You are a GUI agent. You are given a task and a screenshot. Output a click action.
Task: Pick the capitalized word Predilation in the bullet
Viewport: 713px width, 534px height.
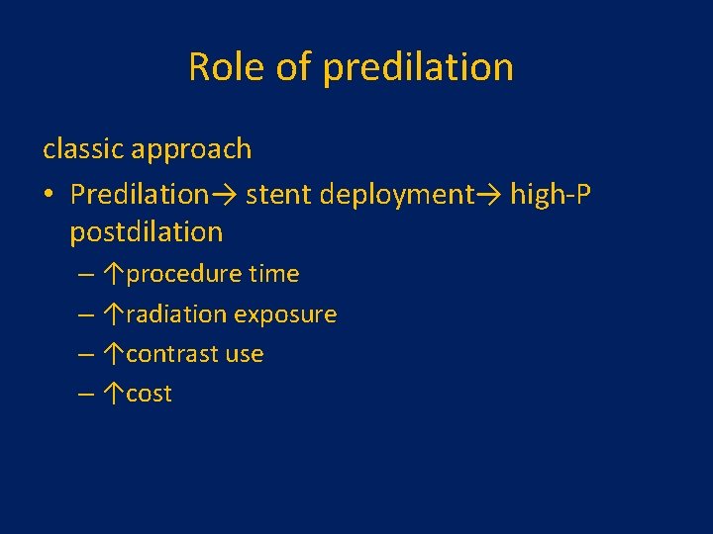pyautogui.click(x=139, y=194)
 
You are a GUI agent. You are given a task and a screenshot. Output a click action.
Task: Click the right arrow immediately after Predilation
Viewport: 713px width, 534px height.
pyautogui.click(x=223, y=195)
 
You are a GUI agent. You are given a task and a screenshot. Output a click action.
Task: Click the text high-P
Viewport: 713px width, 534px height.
pyautogui.click(x=550, y=195)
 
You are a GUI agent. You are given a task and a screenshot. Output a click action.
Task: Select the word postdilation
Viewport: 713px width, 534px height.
pyautogui.click(x=147, y=233)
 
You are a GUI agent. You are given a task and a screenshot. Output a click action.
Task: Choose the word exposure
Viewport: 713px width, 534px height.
pyautogui.click(x=285, y=314)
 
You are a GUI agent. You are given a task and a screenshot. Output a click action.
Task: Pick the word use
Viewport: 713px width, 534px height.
pyautogui.click(x=245, y=354)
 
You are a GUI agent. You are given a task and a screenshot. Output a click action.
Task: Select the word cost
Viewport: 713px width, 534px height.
pyautogui.click(x=149, y=394)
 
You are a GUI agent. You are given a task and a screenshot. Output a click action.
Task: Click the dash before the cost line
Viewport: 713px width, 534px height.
pyautogui.click(x=87, y=394)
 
